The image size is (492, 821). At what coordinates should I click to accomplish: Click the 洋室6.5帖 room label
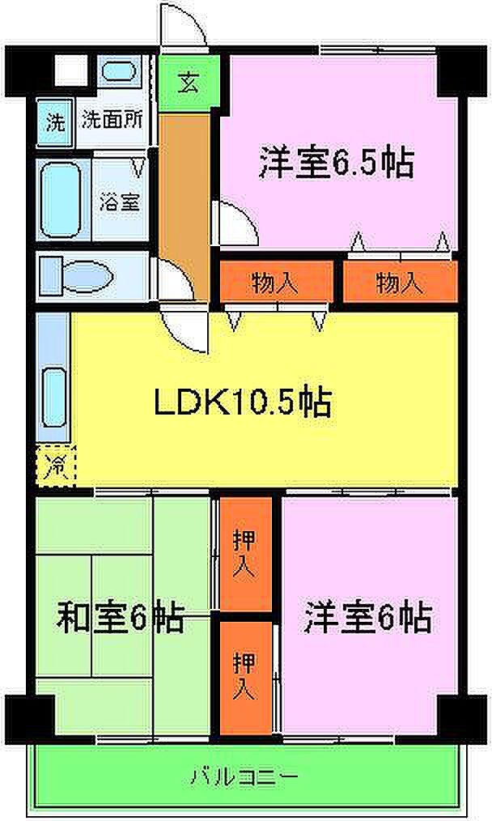tap(337, 163)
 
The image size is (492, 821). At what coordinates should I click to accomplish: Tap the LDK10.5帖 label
tap(242, 403)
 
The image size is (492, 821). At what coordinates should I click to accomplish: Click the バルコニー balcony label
tap(244, 774)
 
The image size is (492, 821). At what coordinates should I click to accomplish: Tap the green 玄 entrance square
tap(189, 83)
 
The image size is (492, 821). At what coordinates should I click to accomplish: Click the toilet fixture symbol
tap(87, 276)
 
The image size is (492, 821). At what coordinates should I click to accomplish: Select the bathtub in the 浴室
tap(61, 199)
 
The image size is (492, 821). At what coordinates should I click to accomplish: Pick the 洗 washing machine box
tap(54, 122)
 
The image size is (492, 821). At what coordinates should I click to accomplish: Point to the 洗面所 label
tap(112, 121)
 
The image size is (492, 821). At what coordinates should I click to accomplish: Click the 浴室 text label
tap(120, 202)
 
